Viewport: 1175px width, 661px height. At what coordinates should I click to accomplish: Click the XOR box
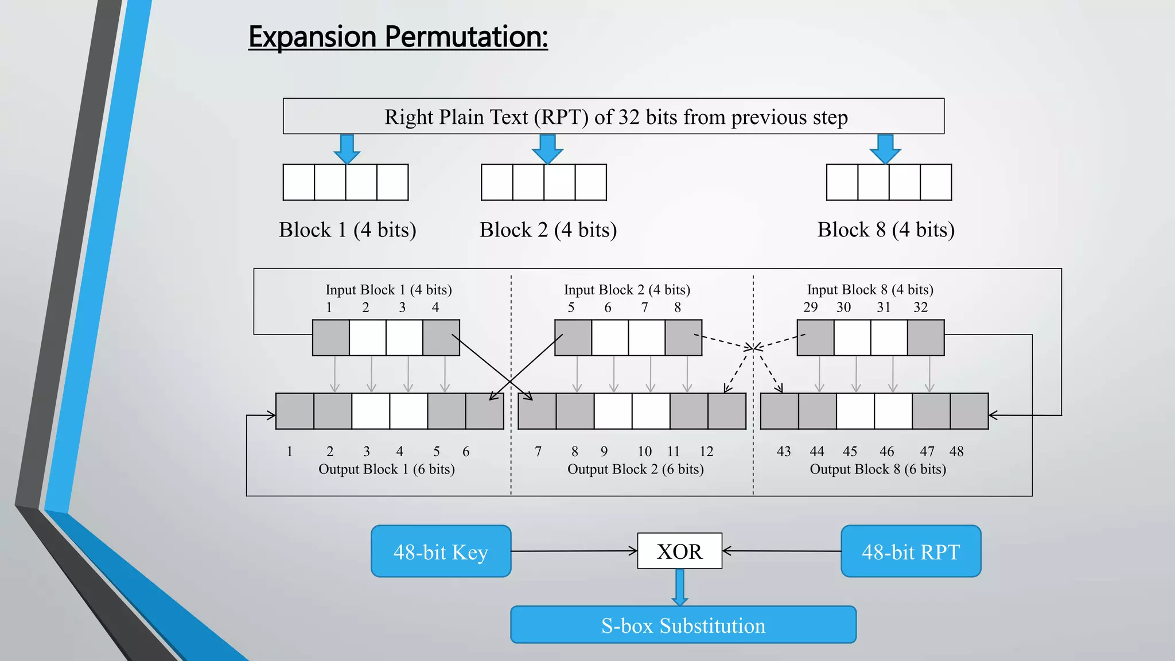[x=679, y=551]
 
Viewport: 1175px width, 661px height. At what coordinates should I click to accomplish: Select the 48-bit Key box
[x=441, y=551]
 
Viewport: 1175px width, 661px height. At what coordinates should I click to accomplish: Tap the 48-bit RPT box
[x=911, y=551]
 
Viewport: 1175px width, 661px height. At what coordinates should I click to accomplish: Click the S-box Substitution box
[x=683, y=625]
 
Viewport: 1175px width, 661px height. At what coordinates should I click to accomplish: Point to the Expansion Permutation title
[x=398, y=37]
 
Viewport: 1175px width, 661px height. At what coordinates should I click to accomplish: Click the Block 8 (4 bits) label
[x=886, y=230]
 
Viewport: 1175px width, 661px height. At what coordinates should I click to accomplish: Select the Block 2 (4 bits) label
[x=548, y=230]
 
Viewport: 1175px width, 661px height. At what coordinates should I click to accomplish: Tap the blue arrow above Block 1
[x=347, y=149]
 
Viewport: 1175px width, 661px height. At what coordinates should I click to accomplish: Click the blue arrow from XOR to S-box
[x=680, y=587]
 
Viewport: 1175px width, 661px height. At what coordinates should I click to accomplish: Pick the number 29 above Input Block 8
[x=810, y=308]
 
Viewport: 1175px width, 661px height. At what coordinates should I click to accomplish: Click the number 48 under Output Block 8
[x=956, y=452]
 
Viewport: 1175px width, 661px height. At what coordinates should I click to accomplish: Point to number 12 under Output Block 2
[x=706, y=452]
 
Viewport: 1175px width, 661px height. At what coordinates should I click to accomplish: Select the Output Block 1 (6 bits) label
[x=386, y=469]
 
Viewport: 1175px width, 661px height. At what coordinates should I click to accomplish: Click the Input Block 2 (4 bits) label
[x=627, y=290]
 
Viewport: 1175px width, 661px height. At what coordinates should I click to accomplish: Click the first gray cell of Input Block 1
[x=331, y=338]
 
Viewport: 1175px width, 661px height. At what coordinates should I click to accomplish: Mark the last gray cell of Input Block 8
[x=925, y=338]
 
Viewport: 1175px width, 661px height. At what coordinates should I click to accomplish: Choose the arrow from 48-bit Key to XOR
[x=574, y=551]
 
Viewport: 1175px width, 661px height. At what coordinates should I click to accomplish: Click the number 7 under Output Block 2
[x=538, y=452]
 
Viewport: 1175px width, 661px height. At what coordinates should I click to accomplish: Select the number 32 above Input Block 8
[x=920, y=308]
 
